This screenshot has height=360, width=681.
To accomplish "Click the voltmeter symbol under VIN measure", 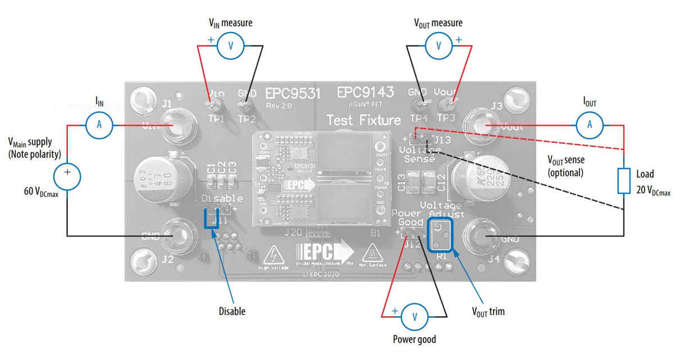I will click(x=230, y=46).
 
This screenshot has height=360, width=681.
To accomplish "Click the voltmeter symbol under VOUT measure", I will click(x=439, y=46).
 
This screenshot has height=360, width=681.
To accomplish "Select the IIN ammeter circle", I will click(x=99, y=125).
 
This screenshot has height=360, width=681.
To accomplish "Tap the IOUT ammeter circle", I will click(x=589, y=125).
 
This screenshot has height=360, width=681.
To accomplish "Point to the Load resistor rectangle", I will click(x=624, y=180).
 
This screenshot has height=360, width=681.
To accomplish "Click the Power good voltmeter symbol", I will click(x=415, y=316).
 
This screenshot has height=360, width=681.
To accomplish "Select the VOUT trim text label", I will click(x=487, y=311).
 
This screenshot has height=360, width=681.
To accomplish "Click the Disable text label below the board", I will click(x=232, y=311).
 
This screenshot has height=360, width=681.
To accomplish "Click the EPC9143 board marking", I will click(x=365, y=92).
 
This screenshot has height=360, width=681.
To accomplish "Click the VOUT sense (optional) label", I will click(x=565, y=167).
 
